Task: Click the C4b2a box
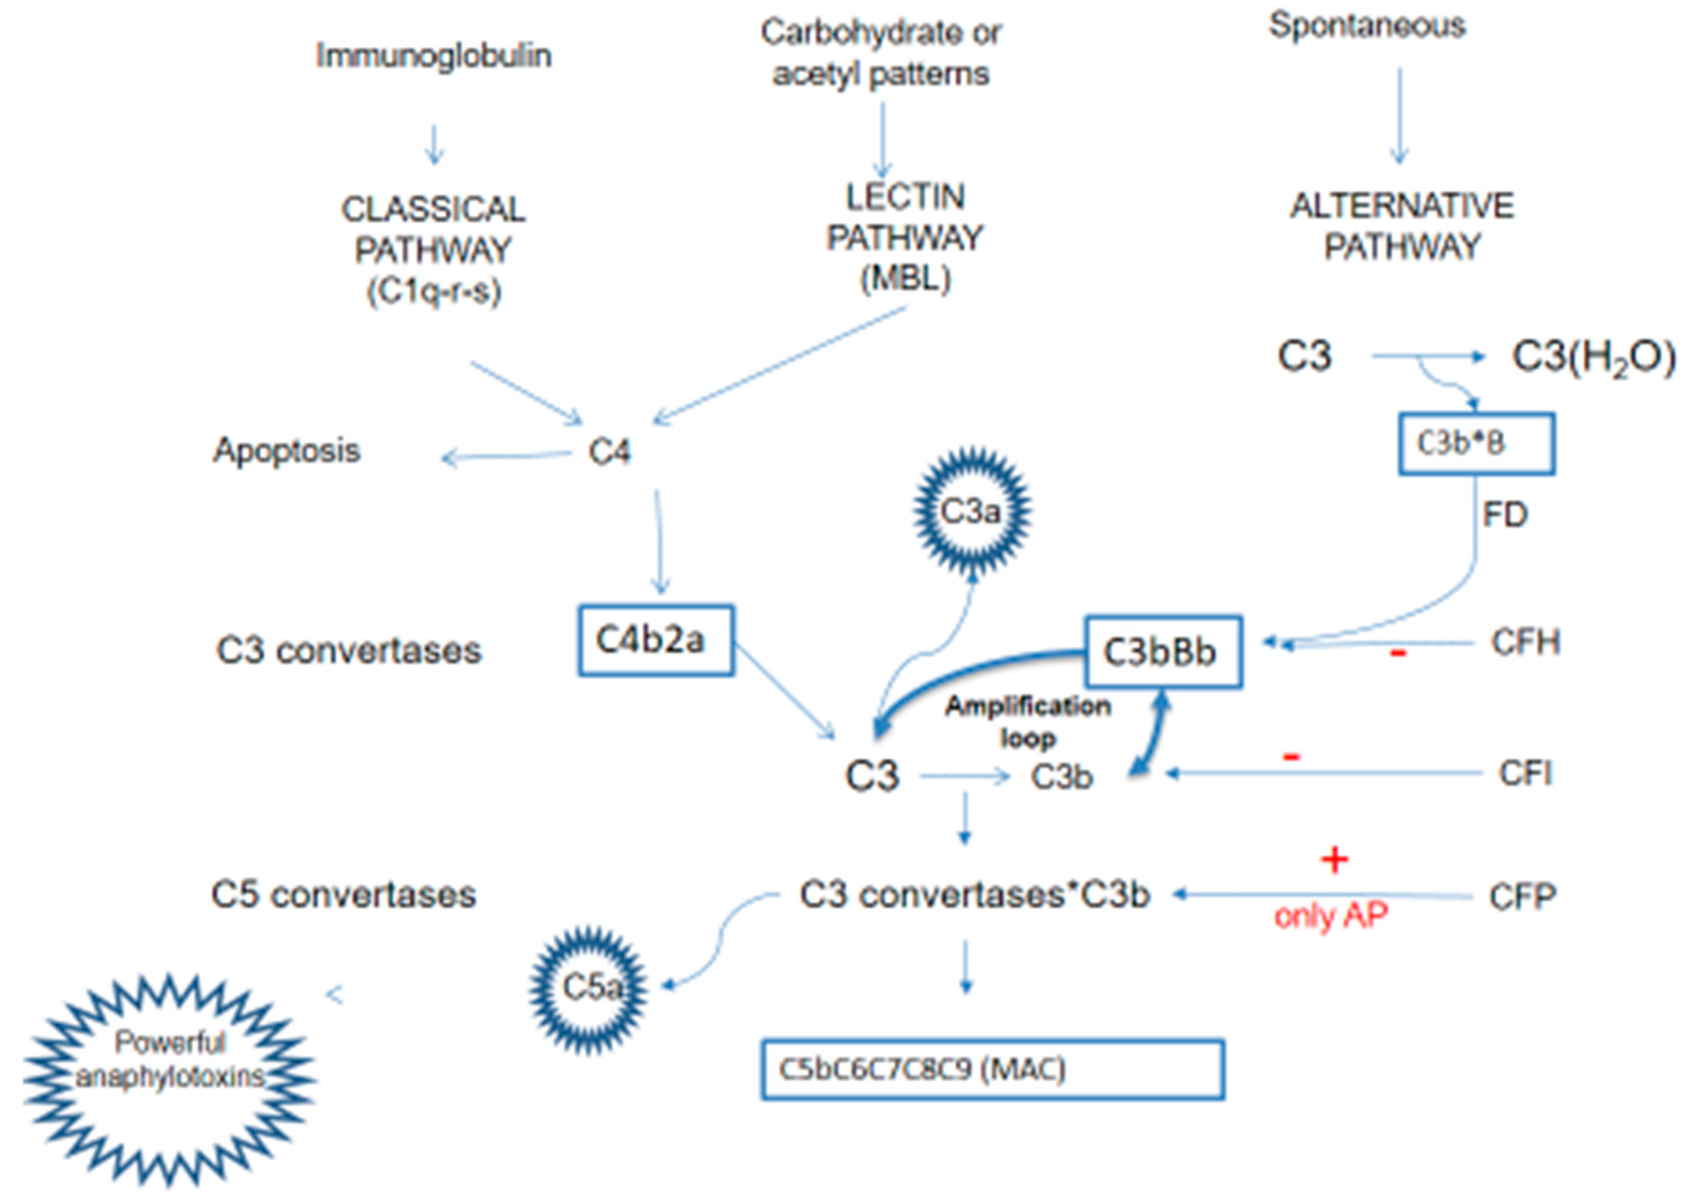point(655,640)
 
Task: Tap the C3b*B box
point(1475,444)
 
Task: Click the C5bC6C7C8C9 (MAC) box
point(993,1069)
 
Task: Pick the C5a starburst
point(589,988)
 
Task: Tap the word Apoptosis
point(287,450)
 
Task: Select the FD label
point(1505,514)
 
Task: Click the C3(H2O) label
point(1593,358)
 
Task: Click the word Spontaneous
point(1366,26)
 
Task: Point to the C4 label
point(609,452)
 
